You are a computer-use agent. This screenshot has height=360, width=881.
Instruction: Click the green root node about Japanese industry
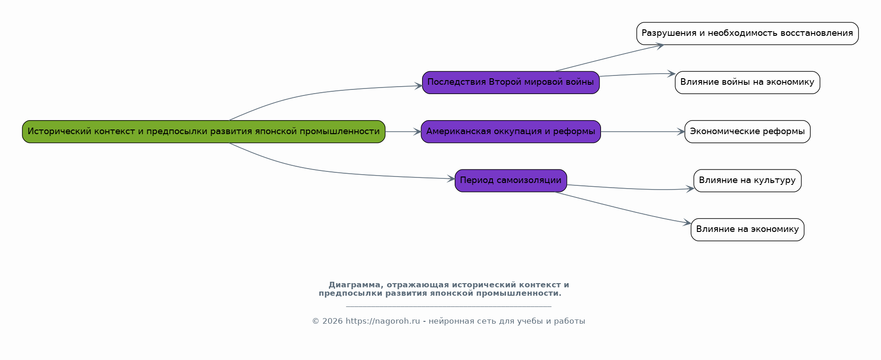coord(204,132)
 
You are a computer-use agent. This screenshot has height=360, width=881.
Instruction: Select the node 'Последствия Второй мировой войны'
coord(511,82)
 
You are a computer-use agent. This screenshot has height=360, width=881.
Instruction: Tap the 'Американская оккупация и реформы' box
coord(511,132)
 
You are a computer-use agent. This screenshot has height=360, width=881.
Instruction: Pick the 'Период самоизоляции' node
coord(511,181)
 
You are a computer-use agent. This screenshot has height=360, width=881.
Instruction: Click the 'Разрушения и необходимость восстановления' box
coord(747,34)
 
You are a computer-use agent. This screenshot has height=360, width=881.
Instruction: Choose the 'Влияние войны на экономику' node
coord(747,82)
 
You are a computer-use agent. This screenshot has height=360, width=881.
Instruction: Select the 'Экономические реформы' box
coord(747,132)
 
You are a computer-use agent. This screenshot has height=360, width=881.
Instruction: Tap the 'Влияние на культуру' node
coord(747,181)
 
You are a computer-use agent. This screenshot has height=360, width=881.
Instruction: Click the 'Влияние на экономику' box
coord(747,230)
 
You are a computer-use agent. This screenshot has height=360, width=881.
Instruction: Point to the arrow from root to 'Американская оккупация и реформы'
coord(403,132)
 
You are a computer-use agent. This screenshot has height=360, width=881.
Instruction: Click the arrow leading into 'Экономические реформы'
coord(643,132)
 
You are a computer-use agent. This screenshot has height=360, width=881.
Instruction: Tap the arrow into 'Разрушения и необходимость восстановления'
coord(609,58)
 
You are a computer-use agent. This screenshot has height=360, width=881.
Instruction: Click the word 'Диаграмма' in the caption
coord(356,285)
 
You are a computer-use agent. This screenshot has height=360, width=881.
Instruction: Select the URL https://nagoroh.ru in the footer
coord(382,321)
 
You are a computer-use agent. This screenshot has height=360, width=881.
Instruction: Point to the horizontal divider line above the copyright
coord(449,306)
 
